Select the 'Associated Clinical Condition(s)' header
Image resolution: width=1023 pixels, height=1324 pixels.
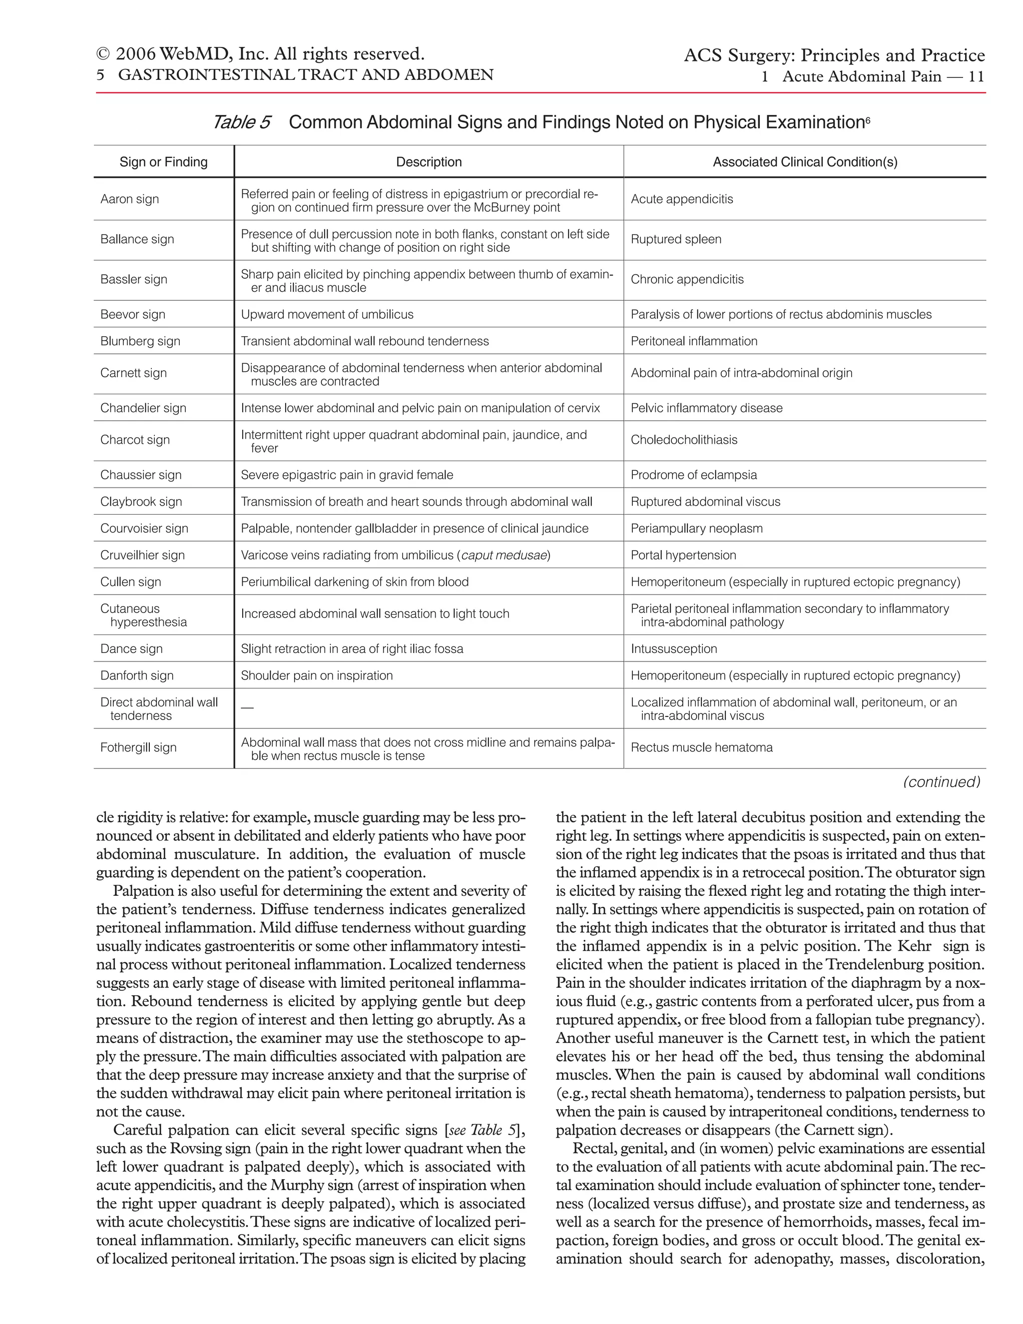[804, 162]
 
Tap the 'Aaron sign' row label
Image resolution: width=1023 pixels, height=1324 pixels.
[130, 199]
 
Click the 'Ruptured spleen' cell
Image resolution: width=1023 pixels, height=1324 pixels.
[676, 239]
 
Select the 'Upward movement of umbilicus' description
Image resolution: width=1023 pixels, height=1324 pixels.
[327, 314]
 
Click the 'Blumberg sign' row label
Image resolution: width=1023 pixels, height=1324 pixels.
[140, 341]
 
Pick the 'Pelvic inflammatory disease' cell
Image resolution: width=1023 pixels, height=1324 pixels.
[706, 408]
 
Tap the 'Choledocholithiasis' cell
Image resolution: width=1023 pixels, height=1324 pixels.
[684, 440]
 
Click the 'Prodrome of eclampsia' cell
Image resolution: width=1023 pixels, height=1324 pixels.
[693, 475]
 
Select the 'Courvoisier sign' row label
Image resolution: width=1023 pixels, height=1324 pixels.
[144, 528]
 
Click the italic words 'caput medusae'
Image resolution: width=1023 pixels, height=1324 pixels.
[504, 555]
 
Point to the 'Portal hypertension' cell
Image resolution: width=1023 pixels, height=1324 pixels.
[683, 555]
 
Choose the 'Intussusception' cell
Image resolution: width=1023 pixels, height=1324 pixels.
[673, 649]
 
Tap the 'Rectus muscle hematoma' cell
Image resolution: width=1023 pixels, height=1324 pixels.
[701, 747]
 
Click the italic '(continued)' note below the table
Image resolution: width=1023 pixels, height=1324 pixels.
[941, 781]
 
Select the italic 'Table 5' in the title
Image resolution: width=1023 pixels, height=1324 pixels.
[241, 122]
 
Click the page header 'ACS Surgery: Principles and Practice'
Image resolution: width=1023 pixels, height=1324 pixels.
[834, 56]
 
